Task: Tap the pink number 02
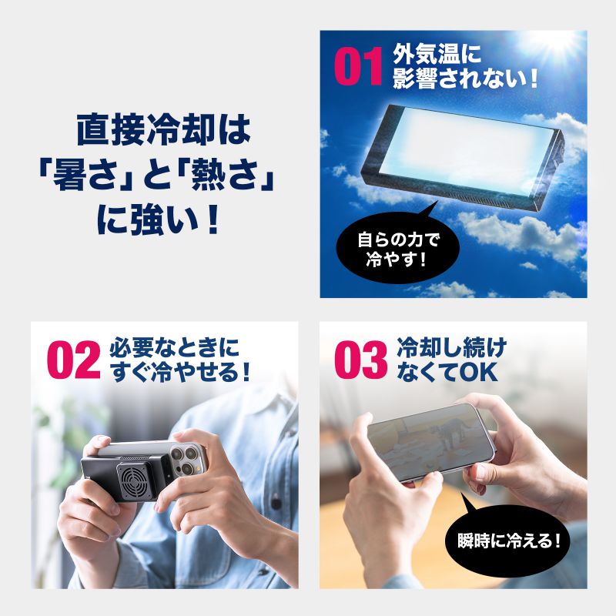tap(74, 360)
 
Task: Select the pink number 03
tap(360, 360)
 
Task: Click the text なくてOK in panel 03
tap(447, 372)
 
